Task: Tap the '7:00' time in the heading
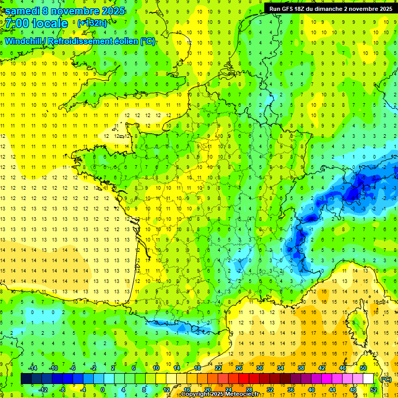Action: point(17,23)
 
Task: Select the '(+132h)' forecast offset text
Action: point(92,23)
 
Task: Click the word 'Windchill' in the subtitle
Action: point(24,41)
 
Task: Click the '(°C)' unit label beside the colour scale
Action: point(386,379)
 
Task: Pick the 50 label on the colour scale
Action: point(363,368)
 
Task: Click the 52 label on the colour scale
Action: point(373,389)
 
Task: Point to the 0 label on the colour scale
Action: point(103,389)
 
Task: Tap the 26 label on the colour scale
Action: point(238,368)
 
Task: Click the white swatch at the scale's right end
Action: point(368,379)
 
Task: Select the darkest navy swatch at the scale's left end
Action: point(26,379)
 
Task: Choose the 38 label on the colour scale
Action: point(301,368)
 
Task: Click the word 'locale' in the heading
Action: point(50,23)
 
